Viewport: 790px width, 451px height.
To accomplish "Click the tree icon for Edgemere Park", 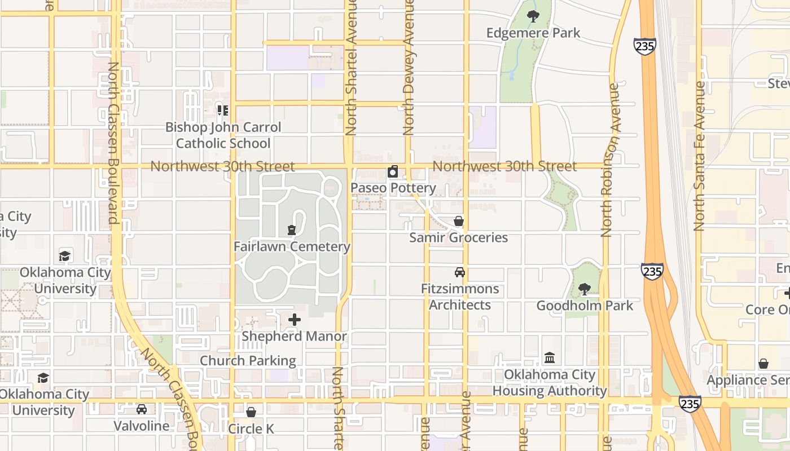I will pos(533,16).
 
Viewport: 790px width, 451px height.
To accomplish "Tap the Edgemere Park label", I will pos(533,33).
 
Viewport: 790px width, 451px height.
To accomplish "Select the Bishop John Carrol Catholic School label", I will pos(223,135).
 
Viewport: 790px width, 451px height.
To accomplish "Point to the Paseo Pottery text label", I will pos(393,188).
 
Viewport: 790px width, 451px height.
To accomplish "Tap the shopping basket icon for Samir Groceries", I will pos(459,221).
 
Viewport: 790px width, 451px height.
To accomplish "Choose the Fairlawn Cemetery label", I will pos(292,247).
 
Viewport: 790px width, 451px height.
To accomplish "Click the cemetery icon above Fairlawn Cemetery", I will pos(291,230).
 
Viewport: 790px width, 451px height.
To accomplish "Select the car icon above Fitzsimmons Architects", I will pos(460,272).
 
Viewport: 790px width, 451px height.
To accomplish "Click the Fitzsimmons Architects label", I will pos(460,297).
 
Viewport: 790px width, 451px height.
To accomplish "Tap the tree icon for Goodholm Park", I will pos(585,289).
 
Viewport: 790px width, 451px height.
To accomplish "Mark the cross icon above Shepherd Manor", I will pos(295,320).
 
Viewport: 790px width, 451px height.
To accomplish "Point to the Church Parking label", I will pos(248,361).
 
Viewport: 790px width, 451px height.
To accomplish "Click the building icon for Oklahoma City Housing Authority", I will pos(550,358).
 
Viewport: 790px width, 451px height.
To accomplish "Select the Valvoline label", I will pos(142,426).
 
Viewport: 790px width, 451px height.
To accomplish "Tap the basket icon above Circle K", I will pos(251,413).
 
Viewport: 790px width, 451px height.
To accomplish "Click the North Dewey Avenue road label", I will pos(409,68).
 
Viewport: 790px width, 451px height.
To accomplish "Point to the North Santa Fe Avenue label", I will pos(700,157).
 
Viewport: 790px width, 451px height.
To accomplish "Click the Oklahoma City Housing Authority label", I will pos(550,383).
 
